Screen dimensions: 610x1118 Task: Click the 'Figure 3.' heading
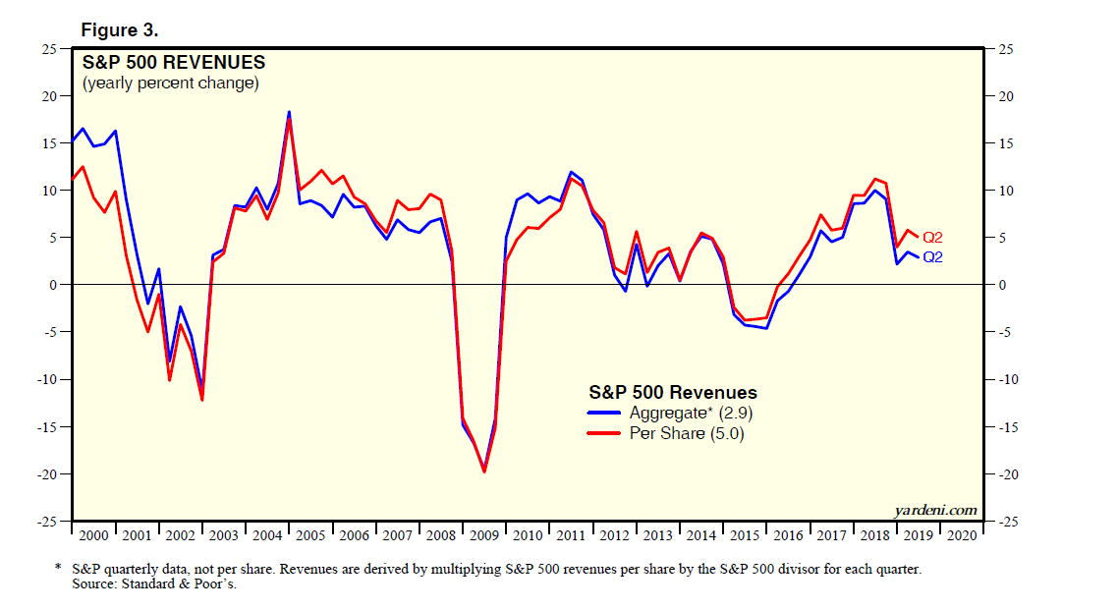point(127,29)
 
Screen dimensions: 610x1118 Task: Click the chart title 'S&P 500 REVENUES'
point(174,63)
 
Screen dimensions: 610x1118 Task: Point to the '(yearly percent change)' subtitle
point(171,83)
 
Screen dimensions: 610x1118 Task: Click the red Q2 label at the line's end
point(932,238)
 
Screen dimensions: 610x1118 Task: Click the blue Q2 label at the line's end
point(932,257)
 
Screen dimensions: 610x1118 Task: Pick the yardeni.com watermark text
point(936,509)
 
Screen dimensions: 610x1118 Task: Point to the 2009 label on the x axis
point(484,535)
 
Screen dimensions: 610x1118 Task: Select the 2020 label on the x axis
point(960,535)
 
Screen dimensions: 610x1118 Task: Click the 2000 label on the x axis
point(93,535)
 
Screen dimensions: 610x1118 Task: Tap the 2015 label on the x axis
point(744,535)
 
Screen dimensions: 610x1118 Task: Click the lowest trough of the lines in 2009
point(483,471)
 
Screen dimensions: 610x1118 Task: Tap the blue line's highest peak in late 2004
point(289,112)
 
